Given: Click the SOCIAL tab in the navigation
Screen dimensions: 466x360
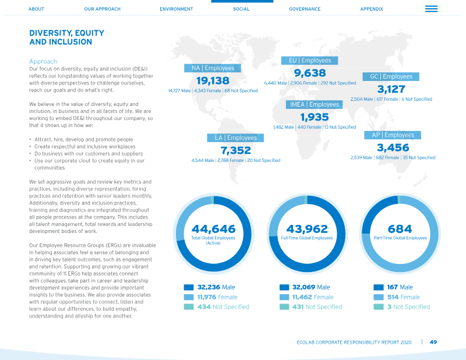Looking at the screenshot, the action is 241,9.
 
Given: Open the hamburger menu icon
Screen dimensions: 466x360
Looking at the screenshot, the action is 431,9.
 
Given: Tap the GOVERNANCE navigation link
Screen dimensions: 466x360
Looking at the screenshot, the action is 305,9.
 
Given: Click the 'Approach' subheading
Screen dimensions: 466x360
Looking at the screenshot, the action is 43,61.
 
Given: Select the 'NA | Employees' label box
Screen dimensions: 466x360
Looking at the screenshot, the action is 213,68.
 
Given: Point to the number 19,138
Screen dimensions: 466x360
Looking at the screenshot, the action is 213,80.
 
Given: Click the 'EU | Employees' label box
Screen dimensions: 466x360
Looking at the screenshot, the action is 309,61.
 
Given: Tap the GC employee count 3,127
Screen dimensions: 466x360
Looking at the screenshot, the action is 391,89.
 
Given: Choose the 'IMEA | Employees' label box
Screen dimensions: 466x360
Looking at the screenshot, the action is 314,104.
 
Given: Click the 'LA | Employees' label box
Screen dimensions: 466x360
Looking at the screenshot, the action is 235,137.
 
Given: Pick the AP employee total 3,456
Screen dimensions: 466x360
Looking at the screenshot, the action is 393,147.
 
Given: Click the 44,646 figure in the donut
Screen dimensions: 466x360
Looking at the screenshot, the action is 213,229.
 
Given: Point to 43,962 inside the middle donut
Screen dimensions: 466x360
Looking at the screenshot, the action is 307,229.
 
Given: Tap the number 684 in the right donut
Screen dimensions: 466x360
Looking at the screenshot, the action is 400,229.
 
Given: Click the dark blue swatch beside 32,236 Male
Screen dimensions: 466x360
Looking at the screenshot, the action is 189,287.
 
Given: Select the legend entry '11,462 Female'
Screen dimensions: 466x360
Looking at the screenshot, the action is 313,297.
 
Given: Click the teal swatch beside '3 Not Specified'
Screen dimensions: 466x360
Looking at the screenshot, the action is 378,307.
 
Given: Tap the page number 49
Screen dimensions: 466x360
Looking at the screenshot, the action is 433,342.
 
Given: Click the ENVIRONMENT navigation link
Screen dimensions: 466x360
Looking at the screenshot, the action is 176,9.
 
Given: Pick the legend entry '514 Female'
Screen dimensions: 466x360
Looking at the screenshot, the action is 403,297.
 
